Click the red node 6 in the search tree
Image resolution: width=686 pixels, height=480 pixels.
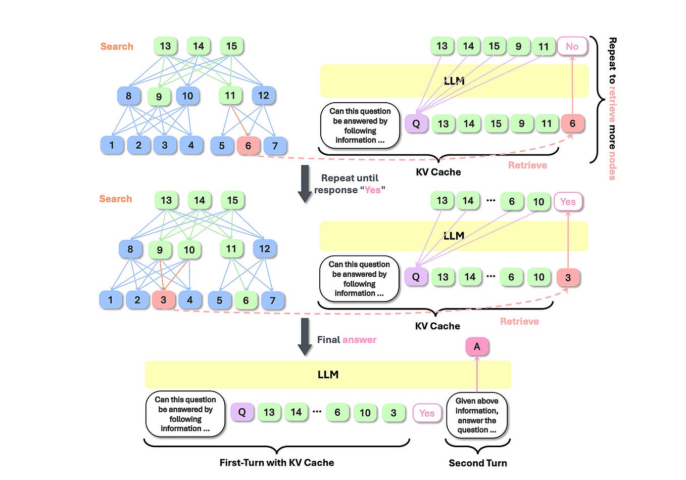[x=248, y=146]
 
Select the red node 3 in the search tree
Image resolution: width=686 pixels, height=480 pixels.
[x=163, y=300]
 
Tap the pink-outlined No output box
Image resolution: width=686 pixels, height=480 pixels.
[x=572, y=47]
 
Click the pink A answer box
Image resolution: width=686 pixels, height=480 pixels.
[x=476, y=346]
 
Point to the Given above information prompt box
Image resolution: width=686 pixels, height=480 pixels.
[x=476, y=415]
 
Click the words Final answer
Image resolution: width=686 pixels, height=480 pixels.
[x=347, y=340]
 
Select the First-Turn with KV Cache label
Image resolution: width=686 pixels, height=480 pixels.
[x=276, y=462]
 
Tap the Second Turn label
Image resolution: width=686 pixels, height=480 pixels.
[x=477, y=463]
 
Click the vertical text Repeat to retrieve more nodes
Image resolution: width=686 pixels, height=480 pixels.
[x=612, y=108]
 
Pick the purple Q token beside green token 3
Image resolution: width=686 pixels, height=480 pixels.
[x=242, y=412]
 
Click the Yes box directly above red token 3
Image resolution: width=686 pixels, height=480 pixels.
[x=568, y=202]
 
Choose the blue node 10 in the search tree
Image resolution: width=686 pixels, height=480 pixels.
[x=187, y=96]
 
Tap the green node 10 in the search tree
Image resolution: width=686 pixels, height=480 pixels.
[x=189, y=250]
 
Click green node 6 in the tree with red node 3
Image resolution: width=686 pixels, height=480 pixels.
[x=246, y=300]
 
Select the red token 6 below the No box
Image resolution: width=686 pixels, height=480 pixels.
[x=572, y=123]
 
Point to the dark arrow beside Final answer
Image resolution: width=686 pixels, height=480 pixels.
[x=305, y=337]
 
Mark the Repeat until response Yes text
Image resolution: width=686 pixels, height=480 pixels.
[x=350, y=184]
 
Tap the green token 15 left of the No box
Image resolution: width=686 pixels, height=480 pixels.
[x=494, y=47]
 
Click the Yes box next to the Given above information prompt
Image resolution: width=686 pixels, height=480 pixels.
[x=427, y=413]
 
